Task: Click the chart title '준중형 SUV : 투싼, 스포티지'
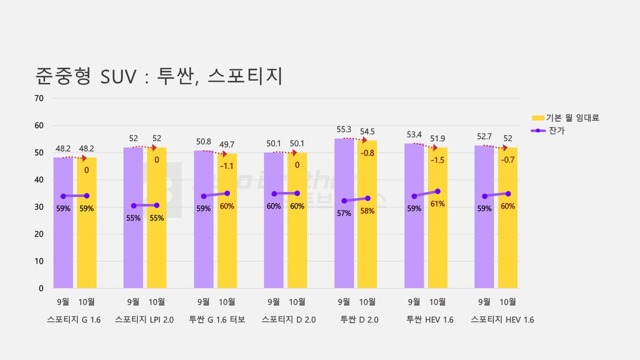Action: (x=159, y=76)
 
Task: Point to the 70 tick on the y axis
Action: (x=39, y=98)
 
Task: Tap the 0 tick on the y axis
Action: (x=41, y=289)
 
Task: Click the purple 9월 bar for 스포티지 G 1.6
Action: (x=63, y=223)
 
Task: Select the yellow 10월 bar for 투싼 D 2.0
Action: (x=367, y=214)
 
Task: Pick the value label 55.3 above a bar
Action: (x=343, y=130)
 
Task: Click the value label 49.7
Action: (x=227, y=145)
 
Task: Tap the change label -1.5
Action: (x=437, y=160)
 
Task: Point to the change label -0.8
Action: (x=367, y=153)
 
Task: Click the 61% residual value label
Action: (x=437, y=204)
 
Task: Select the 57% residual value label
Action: (x=343, y=213)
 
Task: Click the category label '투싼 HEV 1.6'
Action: (x=430, y=319)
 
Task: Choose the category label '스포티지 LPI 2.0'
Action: (x=145, y=319)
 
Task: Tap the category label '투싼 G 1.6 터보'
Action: (x=217, y=319)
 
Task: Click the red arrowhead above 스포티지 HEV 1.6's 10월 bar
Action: (x=505, y=148)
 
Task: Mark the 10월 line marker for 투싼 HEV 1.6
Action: (x=437, y=191)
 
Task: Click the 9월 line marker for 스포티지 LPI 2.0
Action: (x=134, y=206)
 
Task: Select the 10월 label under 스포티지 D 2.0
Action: (x=297, y=302)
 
